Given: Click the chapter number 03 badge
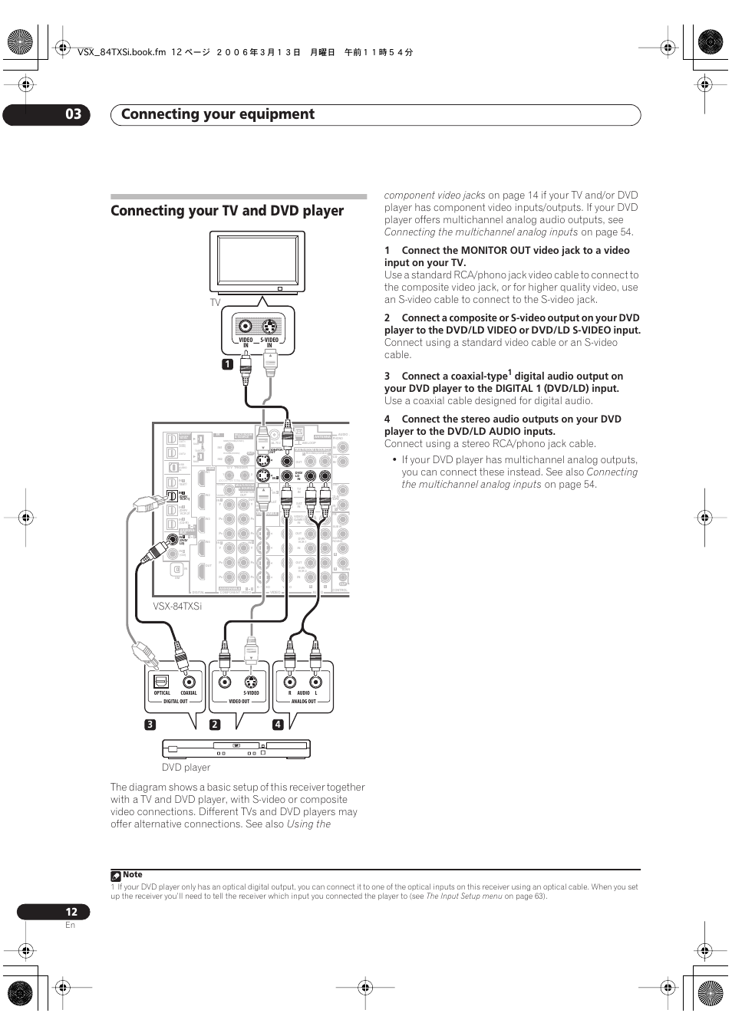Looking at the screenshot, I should pos(72,115).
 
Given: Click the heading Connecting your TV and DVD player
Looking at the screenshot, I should pos(227,211).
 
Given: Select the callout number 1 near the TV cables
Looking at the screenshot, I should pos(227,364).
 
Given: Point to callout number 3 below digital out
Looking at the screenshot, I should pos(150,725).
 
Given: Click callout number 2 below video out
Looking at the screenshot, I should pos(216,725).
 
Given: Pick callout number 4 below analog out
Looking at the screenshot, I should pos(278,725).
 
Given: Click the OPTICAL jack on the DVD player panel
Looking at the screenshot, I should pos(161,681).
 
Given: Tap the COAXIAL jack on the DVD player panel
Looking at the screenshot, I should pos(189,681).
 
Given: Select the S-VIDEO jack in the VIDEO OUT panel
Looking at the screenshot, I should pos(252,681).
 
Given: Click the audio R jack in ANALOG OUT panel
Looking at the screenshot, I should pos(289,681).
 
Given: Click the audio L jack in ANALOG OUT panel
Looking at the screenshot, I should pos(315,681).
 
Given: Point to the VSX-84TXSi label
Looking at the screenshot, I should pos(177,607).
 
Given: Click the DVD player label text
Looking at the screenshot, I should pos(186,767).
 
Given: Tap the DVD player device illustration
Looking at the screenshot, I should pos(236,748).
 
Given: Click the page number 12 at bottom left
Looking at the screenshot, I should pos(71,912).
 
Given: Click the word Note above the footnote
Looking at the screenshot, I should pos(133,874).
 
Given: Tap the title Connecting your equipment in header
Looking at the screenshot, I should pos(218,114).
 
